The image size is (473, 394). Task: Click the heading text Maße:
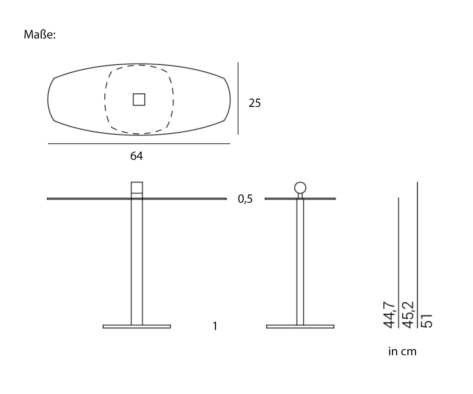click(x=40, y=35)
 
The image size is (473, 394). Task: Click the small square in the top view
click(x=139, y=99)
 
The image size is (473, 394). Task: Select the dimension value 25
click(x=254, y=103)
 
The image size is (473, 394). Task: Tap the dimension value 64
click(x=137, y=156)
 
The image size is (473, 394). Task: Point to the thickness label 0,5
click(x=245, y=199)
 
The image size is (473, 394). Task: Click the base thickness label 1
click(x=215, y=326)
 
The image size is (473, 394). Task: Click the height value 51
click(x=427, y=320)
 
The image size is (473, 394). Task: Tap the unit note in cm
click(x=402, y=351)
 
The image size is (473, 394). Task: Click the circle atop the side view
click(x=300, y=188)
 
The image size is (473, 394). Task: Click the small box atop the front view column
click(x=137, y=188)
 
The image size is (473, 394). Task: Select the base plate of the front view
click(x=137, y=327)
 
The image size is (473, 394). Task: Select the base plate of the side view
click(x=300, y=327)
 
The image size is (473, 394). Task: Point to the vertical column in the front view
click(x=137, y=262)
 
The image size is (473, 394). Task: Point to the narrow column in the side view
click(x=300, y=262)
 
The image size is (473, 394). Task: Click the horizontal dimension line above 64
click(x=139, y=144)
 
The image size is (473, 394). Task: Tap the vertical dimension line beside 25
click(x=238, y=98)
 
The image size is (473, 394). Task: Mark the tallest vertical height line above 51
click(x=418, y=246)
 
